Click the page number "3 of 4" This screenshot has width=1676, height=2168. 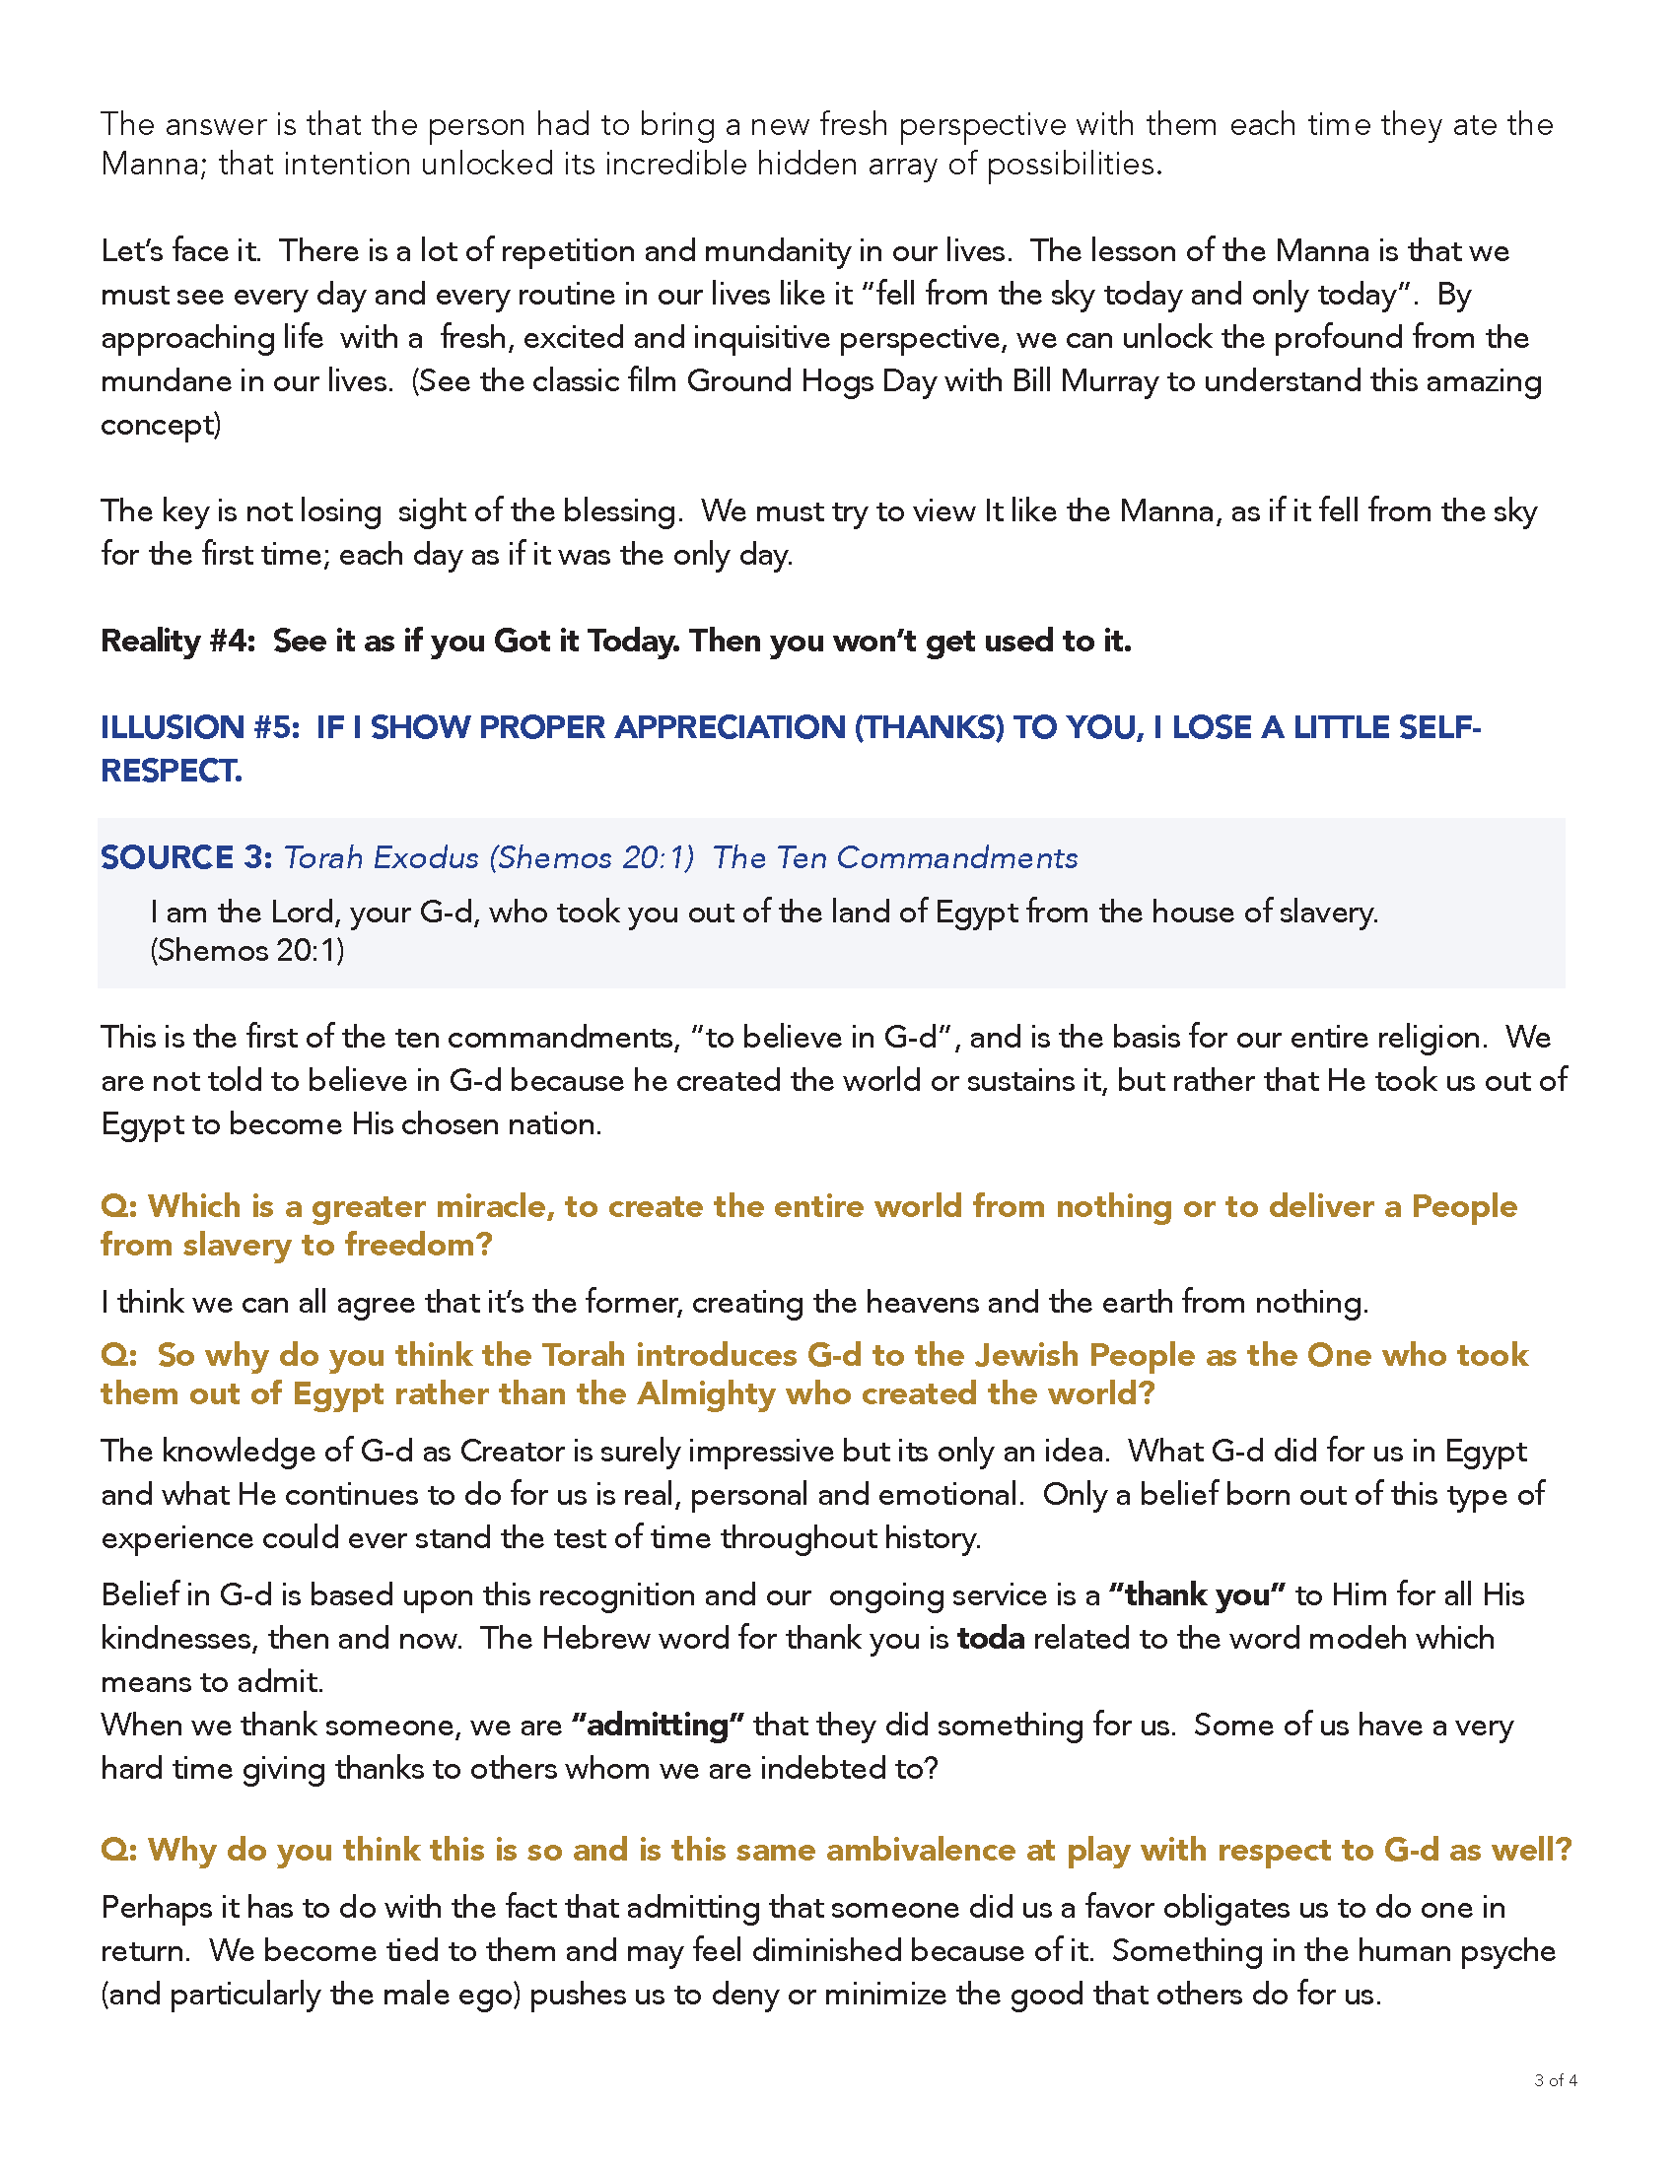coord(1555,2080)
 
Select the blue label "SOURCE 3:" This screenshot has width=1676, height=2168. coord(186,857)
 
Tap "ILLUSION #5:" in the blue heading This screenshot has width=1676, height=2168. coord(199,727)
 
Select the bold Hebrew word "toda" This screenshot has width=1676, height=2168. coord(990,1638)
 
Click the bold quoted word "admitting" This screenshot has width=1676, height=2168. coord(658,1726)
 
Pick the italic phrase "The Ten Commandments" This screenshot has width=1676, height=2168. coord(894,857)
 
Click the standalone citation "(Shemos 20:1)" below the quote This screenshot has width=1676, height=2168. coord(247,951)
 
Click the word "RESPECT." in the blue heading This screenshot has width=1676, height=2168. coord(172,772)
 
